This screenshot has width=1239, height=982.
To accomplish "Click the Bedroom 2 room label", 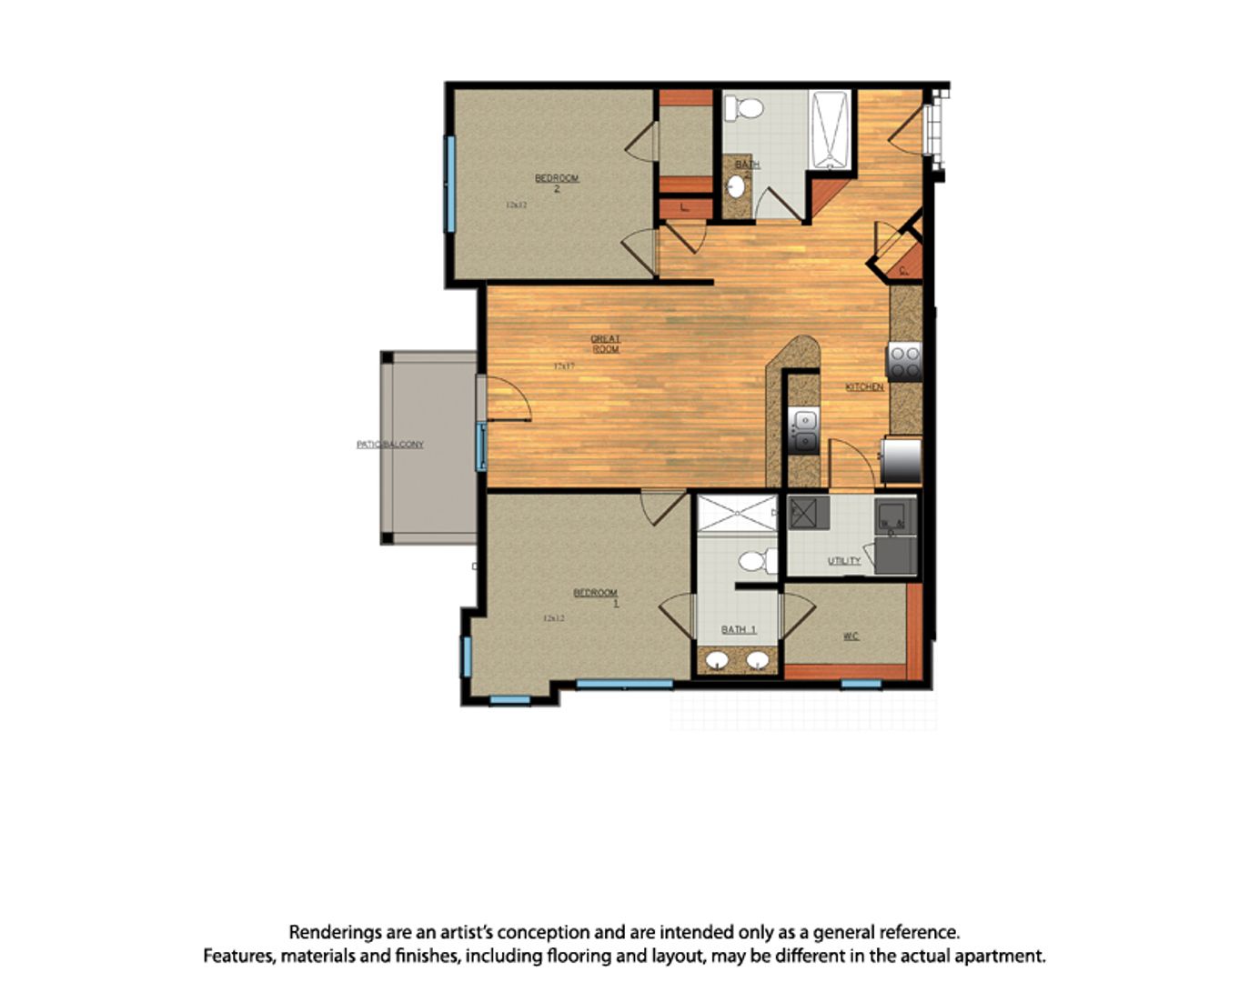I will [x=557, y=183].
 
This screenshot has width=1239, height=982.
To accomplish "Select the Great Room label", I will [x=606, y=344].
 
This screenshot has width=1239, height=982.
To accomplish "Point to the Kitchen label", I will [x=864, y=387].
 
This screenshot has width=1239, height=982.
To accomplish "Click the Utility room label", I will [x=844, y=561].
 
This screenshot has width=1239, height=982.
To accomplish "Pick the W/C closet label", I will [x=851, y=636].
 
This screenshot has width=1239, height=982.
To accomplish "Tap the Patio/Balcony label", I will [x=390, y=445].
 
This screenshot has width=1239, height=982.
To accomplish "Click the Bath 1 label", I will [x=738, y=629].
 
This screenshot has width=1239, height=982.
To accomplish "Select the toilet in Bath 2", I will [x=745, y=108].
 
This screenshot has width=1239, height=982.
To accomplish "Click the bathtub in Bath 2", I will [x=830, y=130].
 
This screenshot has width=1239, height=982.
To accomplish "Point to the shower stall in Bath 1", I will [x=737, y=514].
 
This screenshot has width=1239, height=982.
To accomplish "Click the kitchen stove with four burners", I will [x=904, y=362].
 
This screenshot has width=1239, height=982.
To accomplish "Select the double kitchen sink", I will [x=804, y=431].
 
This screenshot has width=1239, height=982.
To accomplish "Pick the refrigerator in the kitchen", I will [x=902, y=460].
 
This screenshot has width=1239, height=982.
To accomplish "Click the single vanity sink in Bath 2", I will [x=736, y=187].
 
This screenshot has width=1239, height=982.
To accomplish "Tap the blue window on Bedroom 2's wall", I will [x=449, y=184].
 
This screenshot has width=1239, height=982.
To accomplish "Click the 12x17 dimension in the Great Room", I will [x=564, y=366].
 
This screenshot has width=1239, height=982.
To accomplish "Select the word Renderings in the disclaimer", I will [x=336, y=932].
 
